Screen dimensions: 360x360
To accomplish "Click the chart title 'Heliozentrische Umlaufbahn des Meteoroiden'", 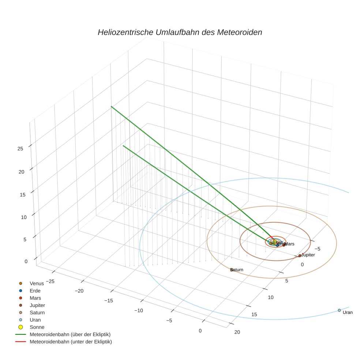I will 180,32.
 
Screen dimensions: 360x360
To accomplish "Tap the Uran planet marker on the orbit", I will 339,310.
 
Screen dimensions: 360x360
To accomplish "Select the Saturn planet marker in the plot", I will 232,270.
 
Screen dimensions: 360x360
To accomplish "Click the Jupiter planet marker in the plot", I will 300,256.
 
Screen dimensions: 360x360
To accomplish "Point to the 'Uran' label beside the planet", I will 348,312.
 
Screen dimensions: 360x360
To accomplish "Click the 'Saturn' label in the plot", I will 237,270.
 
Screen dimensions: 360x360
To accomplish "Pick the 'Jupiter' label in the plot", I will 308,255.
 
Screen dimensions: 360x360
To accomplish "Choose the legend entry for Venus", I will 37,283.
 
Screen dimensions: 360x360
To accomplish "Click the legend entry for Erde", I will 35,290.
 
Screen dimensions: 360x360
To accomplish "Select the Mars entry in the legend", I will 35,298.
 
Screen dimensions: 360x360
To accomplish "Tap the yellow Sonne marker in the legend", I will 21,327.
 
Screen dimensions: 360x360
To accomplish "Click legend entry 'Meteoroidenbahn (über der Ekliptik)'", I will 70,334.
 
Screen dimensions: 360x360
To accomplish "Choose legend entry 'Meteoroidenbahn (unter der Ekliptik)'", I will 71,342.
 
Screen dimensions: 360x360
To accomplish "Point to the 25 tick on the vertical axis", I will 20,149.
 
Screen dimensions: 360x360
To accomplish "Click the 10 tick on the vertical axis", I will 20,217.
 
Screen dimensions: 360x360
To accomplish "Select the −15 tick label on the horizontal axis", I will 109,301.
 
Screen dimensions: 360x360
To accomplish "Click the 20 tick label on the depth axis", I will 237,332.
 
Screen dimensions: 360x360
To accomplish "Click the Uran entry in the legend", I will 35,320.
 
